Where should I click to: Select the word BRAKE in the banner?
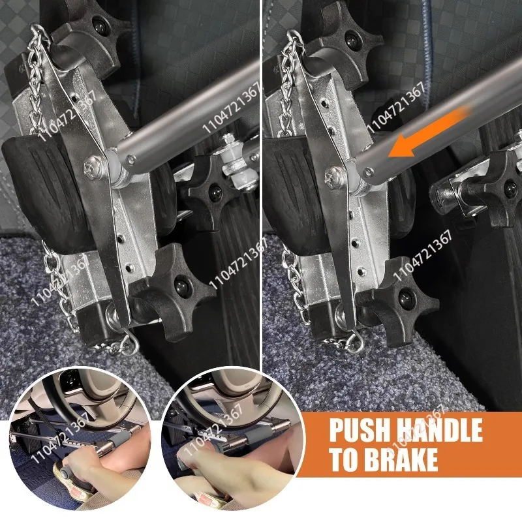pos(399,459)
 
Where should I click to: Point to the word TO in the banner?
pos(343,459)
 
